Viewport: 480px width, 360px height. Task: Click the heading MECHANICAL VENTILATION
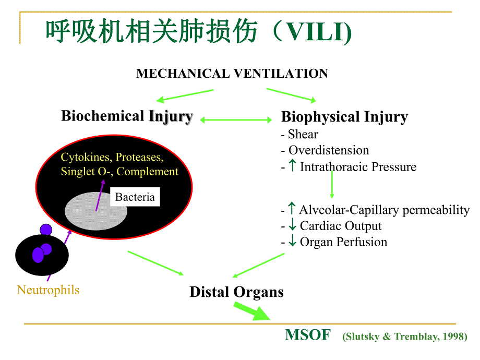coord(232,74)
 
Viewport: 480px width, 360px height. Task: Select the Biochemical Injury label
coord(127,116)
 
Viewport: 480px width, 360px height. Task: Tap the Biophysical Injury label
coord(344,117)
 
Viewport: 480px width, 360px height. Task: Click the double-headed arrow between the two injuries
coord(236,120)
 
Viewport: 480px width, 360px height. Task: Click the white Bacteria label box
coord(135,197)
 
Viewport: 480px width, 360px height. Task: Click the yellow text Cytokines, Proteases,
coord(112,157)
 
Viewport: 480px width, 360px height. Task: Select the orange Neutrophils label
coord(48,290)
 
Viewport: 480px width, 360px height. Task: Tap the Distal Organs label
coord(236,292)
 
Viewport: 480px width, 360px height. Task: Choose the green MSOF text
coord(307,335)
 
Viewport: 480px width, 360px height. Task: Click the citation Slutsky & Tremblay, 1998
coord(405,337)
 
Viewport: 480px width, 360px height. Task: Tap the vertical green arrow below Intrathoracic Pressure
coord(331,185)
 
